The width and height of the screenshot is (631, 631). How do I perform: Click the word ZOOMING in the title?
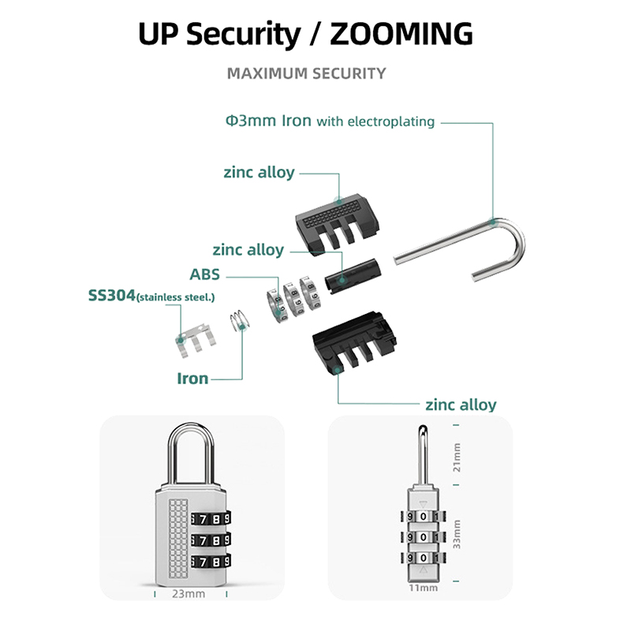click(401, 33)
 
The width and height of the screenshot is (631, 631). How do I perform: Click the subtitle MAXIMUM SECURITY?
click(306, 73)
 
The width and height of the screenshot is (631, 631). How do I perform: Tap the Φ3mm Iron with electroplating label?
click(330, 121)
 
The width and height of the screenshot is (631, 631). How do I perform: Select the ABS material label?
click(204, 274)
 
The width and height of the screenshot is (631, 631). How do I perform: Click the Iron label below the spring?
click(192, 379)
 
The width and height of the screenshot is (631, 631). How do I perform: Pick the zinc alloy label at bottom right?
click(461, 405)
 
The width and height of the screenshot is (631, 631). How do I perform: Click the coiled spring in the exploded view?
click(240, 320)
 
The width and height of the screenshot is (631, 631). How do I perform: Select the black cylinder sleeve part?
click(353, 275)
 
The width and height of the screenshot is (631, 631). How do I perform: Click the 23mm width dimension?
click(189, 594)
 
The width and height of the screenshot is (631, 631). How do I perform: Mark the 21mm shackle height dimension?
click(457, 457)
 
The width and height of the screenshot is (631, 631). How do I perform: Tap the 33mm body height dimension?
click(457, 534)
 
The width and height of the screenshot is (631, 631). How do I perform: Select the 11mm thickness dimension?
click(423, 588)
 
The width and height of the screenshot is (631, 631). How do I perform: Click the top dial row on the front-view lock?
click(211, 518)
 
